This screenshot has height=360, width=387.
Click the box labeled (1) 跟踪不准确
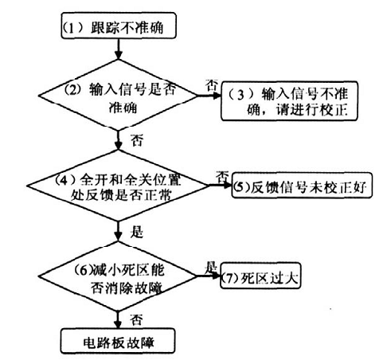pos(119,25)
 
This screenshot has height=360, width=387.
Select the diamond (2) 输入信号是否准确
pos(119,95)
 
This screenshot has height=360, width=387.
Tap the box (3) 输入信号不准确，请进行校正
pos(289,101)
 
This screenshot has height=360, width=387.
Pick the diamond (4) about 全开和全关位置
pos(119,186)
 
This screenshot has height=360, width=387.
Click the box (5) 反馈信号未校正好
pos(302,186)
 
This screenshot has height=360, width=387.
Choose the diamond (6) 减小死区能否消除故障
pos(119,276)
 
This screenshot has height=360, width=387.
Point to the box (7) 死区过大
pos(260,276)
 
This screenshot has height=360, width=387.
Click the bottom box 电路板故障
pos(118,341)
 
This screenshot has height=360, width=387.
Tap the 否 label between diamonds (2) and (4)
pos(137,140)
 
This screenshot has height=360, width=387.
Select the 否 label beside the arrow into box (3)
pos(212,85)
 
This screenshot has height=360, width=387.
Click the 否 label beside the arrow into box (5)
pos(222,176)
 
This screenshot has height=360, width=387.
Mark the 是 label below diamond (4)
pos(137,232)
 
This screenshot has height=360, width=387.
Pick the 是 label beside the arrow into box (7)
pos(211,268)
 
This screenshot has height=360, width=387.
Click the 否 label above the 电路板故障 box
pos(136,320)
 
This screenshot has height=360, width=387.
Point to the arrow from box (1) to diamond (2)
pos(119,49)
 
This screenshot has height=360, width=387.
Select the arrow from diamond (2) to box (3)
pos(209,96)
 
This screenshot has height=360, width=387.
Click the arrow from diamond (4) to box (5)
pos(221,185)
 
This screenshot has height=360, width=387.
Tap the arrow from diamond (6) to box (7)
pos(209,276)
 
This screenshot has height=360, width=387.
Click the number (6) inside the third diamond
pos(83,271)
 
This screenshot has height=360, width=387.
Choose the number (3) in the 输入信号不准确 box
pos(240,95)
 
